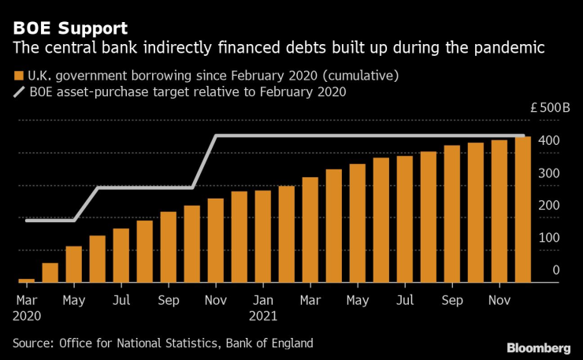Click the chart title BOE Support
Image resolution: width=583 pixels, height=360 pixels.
[69, 28]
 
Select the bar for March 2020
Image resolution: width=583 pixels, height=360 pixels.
[27, 280]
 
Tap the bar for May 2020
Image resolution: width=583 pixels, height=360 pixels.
[74, 263]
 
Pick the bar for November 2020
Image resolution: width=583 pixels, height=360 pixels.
[216, 239]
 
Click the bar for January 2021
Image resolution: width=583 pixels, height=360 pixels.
[263, 236]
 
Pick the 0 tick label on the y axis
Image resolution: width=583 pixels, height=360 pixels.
[555, 270]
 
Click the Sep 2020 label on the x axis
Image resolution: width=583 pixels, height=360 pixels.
[169, 300]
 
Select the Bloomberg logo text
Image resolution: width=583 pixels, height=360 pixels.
[538, 347]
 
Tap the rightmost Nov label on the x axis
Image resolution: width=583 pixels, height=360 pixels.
[499, 300]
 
